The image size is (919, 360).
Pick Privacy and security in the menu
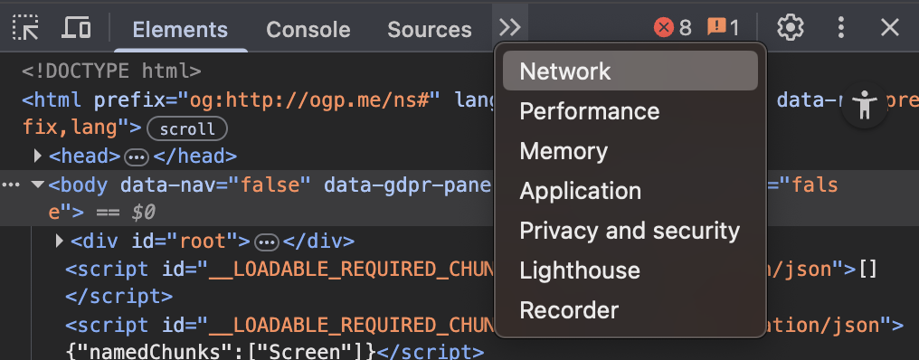click(x=630, y=231)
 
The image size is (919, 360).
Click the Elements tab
click(x=180, y=29)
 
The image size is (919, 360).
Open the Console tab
click(x=308, y=29)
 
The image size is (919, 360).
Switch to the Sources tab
click(x=430, y=29)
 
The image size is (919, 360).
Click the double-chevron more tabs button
click(x=510, y=27)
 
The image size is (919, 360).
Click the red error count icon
click(x=663, y=27)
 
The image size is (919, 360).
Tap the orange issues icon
click(x=716, y=27)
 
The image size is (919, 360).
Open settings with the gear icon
click(x=790, y=27)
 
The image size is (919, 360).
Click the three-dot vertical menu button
click(x=841, y=27)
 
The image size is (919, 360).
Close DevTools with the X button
click(x=890, y=27)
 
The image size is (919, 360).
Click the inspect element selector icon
click(x=25, y=27)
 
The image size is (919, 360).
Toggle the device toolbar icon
click(x=76, y=27)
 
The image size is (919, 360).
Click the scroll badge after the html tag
click(x=187, y=129)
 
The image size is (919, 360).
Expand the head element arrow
click(x=37, y=156)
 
